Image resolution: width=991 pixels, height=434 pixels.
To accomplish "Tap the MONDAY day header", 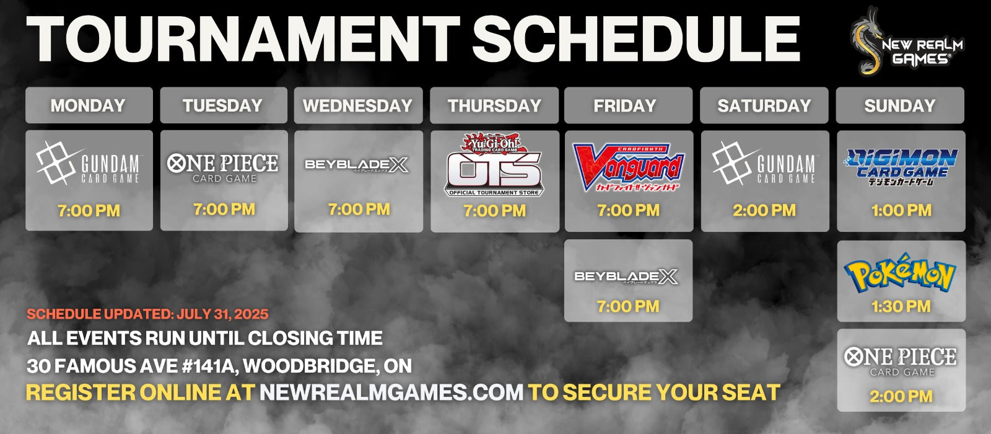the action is click(x=89, y=105).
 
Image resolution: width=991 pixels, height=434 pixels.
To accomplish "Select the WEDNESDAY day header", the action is click(x=358, y=105).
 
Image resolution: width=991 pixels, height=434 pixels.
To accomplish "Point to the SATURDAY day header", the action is click(x=764, y=105).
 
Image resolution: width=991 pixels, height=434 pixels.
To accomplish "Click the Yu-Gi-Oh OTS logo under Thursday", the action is click(x=494, y=164).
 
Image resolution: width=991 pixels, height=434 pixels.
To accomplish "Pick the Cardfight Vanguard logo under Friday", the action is click(x=628, y=167).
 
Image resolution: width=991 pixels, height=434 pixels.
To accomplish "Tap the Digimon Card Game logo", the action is click(x=901, y=167).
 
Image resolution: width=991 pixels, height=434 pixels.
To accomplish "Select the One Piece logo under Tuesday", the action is click(x=223, y=168).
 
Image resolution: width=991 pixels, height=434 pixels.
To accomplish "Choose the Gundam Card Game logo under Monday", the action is click(x=89, y=163).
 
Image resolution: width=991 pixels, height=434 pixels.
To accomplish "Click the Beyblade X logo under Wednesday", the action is click(x=357, y=165).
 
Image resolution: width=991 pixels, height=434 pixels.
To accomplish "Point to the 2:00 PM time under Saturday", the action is click(x=764, y=210).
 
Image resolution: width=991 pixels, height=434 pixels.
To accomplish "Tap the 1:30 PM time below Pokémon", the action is click(x=901, y=306).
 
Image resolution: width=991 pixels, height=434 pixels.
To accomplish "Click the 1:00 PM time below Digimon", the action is click(x=901, y=210).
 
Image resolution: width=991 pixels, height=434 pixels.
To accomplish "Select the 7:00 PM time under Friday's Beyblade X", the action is click(x=628, y=306).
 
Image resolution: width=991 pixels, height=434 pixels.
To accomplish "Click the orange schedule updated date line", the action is click(x=147, y=314).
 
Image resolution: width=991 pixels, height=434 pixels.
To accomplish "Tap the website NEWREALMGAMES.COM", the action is click(x=391, y=392).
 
